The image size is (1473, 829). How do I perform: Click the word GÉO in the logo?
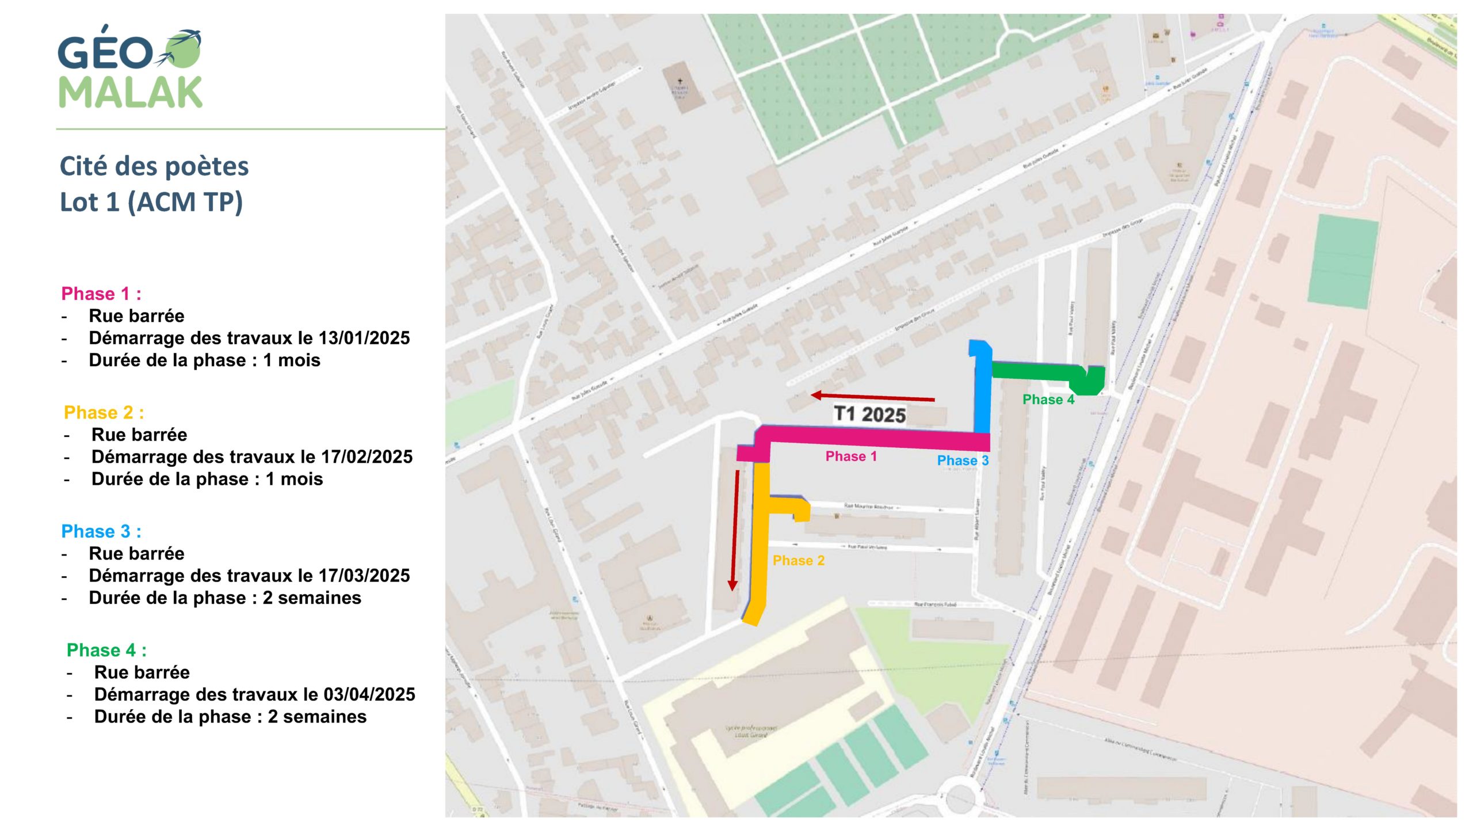(105, 52)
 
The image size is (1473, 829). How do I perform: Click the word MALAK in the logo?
(131, 92)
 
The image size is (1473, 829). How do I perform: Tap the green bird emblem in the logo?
(183, 48)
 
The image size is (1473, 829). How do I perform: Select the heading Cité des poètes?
(154, 166)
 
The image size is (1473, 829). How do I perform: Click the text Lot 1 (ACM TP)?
(151, 202)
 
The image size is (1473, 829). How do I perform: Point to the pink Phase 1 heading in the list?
(101, 294)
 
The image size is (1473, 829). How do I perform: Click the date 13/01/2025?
(364, 338)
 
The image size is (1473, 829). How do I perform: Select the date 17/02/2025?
(367, 457)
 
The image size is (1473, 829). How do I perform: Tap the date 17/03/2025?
(364, 576)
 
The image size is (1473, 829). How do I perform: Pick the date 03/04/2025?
(369, 695)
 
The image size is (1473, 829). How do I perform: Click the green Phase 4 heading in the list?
(106, 650)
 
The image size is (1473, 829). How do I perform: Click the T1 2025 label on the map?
(869, 414)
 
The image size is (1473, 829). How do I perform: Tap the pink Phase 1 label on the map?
(851, 457)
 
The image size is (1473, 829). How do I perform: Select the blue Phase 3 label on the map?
(963, 461)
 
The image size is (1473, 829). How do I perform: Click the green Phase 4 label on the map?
(1048, 400)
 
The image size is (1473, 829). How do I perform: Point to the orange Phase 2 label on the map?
(798, 561)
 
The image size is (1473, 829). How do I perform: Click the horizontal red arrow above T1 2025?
(872, 397)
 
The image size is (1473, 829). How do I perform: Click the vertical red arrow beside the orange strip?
(734, 530)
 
